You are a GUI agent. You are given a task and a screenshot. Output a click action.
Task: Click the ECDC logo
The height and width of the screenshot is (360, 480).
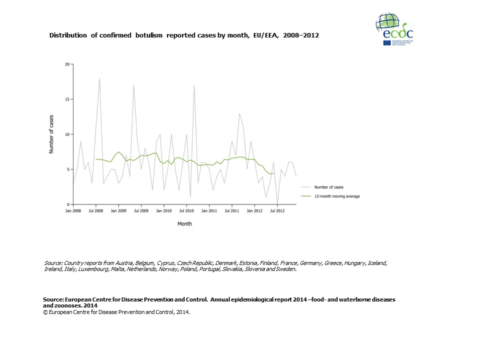[394, 29]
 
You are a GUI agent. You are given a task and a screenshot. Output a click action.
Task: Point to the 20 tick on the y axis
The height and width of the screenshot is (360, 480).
[67, 64]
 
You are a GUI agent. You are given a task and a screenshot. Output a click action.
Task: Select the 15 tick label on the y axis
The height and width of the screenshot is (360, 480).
[67, 99]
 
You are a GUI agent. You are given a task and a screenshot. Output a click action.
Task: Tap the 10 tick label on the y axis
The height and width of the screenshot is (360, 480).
[67, 134]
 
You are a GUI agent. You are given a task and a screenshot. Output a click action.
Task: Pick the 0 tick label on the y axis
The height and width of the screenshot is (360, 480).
[68, 204]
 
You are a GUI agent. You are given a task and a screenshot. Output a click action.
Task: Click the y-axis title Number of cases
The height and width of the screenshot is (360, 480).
[51, 134]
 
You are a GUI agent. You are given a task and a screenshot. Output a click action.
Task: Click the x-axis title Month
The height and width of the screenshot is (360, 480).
[184, 224]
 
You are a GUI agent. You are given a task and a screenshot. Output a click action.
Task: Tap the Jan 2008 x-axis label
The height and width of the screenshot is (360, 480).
[73, 211]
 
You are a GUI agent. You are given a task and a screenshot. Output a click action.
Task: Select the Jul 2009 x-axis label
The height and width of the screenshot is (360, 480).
[141, 211]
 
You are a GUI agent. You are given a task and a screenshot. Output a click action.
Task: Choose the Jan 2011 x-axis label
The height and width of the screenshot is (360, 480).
[209, 211]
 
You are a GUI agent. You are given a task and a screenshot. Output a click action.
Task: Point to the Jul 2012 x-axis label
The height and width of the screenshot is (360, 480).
[277, 211]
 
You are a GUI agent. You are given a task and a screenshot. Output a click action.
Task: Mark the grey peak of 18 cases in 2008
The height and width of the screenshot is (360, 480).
[99, 78]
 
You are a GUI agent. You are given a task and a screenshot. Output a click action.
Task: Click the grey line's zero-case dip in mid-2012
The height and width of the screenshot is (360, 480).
[277, 204]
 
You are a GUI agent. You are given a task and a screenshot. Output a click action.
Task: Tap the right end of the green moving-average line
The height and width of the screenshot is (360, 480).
[273, 173]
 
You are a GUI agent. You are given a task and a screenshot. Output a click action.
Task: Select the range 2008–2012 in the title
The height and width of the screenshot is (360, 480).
[300, 36]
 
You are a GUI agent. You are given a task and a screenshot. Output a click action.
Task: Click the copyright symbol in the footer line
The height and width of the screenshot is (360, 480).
[45, 311]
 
